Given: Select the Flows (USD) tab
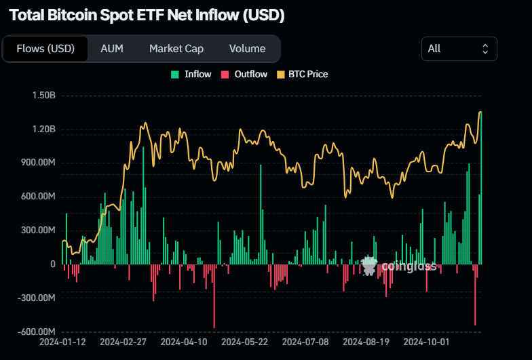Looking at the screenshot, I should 45,49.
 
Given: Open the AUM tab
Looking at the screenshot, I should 111,49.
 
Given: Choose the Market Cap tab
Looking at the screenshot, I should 176,49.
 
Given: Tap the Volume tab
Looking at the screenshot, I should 247,49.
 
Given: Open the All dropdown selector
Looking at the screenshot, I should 459,49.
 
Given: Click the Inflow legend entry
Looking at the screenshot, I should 191,74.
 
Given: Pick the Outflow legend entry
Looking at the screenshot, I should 244,74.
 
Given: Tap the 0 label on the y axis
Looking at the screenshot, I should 52,264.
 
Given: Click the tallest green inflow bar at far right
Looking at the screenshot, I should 481,190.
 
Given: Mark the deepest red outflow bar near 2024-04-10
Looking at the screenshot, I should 214,296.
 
